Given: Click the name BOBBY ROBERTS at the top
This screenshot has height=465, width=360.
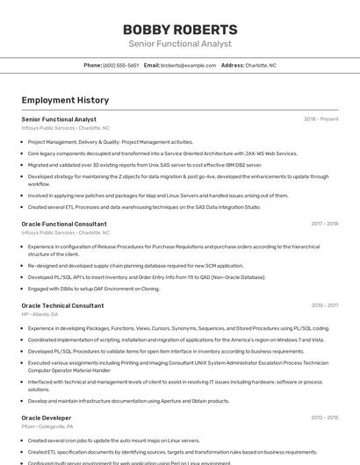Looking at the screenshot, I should [x=179, y=29].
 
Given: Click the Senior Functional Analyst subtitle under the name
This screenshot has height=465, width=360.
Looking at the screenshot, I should [x=179, y=44].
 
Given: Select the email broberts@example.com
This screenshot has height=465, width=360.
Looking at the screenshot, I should [x=188, y=65].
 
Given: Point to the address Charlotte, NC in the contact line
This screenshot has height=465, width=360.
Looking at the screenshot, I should [x=261, y=65].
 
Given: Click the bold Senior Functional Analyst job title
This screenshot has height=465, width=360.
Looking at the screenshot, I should [x=59, y=119].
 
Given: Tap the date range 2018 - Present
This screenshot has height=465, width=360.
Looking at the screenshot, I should [x=320, y=119].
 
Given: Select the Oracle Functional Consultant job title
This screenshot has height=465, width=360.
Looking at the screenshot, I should [x=64, y=224].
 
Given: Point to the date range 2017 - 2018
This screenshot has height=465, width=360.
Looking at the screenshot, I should [x=324, y=224].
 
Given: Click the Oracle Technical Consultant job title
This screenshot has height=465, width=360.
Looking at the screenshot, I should [x=62, y=305].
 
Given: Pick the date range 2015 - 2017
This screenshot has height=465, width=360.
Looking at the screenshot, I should [x=324, y=305].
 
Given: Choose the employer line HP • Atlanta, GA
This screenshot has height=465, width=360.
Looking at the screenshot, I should [x=40, y=314].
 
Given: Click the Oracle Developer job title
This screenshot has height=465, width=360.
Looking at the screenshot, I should [x=47, y=418].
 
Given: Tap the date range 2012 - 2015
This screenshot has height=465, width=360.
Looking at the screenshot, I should [x=324, y=418].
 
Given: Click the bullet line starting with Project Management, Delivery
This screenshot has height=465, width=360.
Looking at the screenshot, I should [x=110, y=141].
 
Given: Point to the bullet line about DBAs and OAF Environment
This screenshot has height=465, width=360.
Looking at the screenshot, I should [x=93, y=288].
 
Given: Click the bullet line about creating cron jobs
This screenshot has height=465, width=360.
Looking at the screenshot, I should [x=113, y=440].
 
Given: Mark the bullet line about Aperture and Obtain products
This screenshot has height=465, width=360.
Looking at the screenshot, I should [x=128, y=401].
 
